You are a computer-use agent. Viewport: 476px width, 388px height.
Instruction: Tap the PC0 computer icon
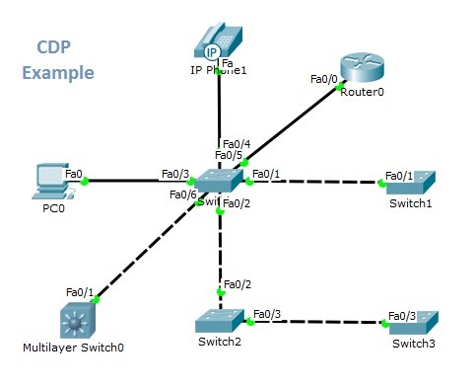tap(48, 177)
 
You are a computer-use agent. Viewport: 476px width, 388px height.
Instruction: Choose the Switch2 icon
tap(220, 321)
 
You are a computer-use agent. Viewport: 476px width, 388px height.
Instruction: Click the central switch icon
tap(219, 181)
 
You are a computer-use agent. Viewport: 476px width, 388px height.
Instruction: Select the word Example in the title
tap(58, 73)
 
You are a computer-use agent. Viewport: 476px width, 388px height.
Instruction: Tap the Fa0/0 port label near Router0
tap(323, 78)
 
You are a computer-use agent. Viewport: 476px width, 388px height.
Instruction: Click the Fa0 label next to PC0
tap(74, 174)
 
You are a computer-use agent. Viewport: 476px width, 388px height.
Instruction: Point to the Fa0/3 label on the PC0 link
tap(174, 175)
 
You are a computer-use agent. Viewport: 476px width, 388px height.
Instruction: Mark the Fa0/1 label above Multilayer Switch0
tap(79, 292)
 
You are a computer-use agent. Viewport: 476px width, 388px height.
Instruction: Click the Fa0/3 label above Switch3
tap(402, 316)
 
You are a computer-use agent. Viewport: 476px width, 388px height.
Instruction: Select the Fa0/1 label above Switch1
tap(400, 175)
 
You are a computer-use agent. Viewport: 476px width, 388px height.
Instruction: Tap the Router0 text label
tap(362, 92)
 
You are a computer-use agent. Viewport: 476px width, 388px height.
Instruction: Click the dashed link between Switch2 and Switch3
tap(315, 322)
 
